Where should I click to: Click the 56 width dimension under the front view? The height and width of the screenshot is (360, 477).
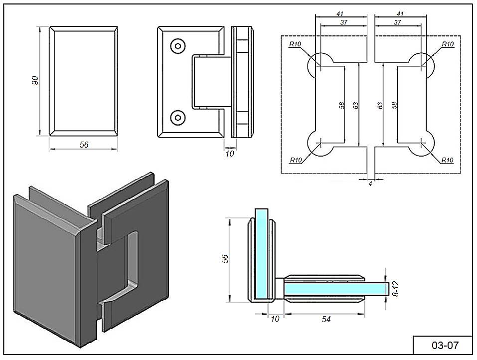point(84,145)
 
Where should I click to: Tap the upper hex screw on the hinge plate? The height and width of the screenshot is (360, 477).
point(177,46)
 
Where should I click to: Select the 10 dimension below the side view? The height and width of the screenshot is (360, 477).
point(229,154)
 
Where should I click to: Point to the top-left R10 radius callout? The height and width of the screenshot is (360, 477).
point(296,44)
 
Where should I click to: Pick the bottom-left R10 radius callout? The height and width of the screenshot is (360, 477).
point(296,160)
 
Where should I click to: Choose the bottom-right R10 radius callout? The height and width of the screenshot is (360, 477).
point(447,160)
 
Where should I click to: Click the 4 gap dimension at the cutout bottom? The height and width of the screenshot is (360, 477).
point(370,184)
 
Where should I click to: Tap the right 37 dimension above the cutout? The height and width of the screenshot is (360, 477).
point(397,23)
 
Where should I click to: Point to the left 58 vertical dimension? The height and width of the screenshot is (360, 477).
point(341,106)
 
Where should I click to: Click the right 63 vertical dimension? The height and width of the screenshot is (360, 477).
point(380,106)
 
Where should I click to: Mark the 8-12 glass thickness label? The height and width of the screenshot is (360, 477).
point(395,289)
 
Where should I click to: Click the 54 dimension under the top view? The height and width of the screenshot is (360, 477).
point(326,319)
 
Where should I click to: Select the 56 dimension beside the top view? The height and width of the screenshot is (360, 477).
point(225,259)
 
